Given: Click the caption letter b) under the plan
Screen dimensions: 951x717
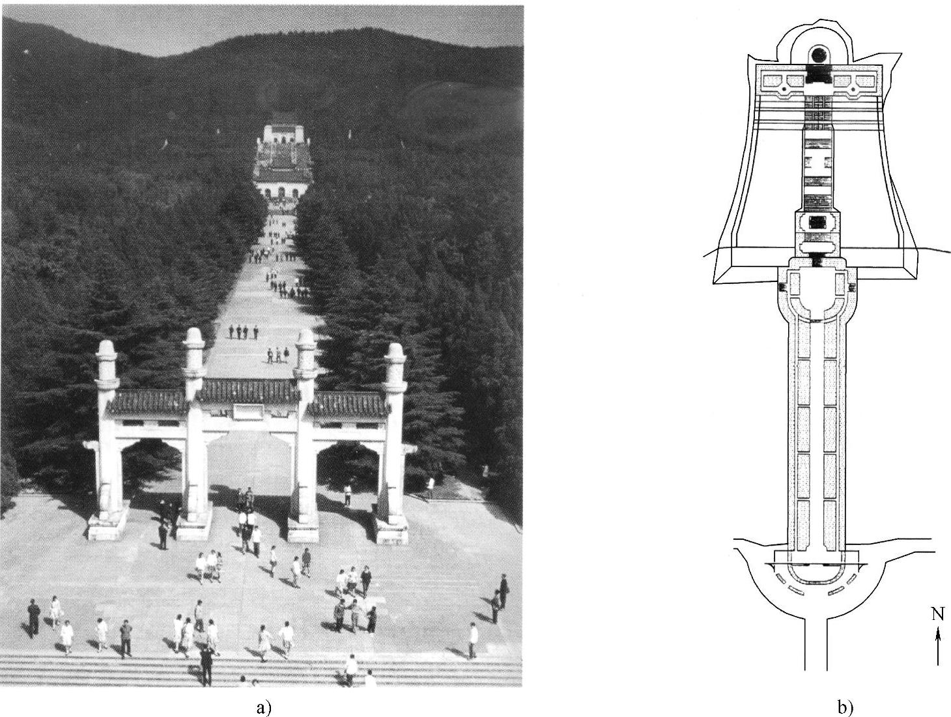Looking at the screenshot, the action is click(x=848, y=708).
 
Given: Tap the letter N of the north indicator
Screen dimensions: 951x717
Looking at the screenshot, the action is click(x=937, y=613).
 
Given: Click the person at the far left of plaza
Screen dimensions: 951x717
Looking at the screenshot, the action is click(x=34, y=617).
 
